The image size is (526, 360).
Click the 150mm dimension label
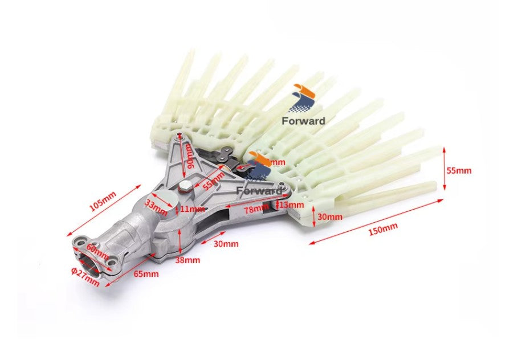[x=384, y=229]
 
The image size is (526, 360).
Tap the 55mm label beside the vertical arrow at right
[x=459, y=170]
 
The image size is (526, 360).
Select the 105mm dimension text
[x=103, y=201]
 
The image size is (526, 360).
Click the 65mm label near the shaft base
[x=146, y=274]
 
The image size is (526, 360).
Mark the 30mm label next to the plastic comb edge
[x=330, y=216]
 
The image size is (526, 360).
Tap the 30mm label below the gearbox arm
[x=226, y=244]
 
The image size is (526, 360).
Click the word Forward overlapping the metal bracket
[x=259, y=190]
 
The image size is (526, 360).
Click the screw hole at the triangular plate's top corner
[x=180, y=135]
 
